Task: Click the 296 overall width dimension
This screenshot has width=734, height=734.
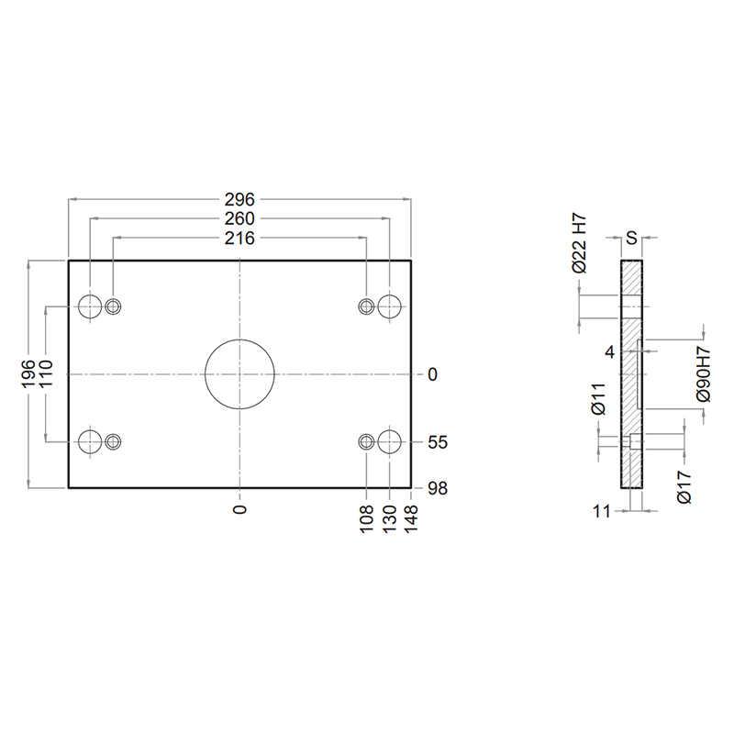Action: pos(239,199)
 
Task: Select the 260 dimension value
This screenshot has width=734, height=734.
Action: pos(239,218)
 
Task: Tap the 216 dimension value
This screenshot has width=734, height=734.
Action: pos(239,239)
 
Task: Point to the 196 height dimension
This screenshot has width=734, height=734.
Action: pos(28,373)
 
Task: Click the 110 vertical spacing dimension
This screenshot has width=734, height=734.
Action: pos(46,373)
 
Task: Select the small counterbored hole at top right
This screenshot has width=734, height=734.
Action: pos(366,306)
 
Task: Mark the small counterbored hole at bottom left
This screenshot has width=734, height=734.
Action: pos(113,441)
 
